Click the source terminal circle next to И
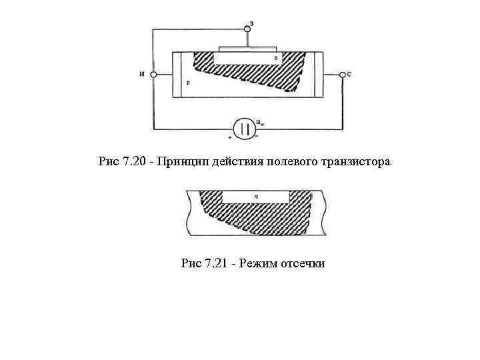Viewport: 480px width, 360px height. click(153, 75)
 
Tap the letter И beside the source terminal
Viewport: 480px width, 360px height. click(143, 75)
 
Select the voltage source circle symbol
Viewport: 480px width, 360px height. click(245, 128)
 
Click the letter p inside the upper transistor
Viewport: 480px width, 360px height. click(189, 84)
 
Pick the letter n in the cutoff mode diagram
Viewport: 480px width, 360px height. click(256, 196)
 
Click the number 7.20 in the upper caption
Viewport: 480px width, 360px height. click(133, 162)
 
